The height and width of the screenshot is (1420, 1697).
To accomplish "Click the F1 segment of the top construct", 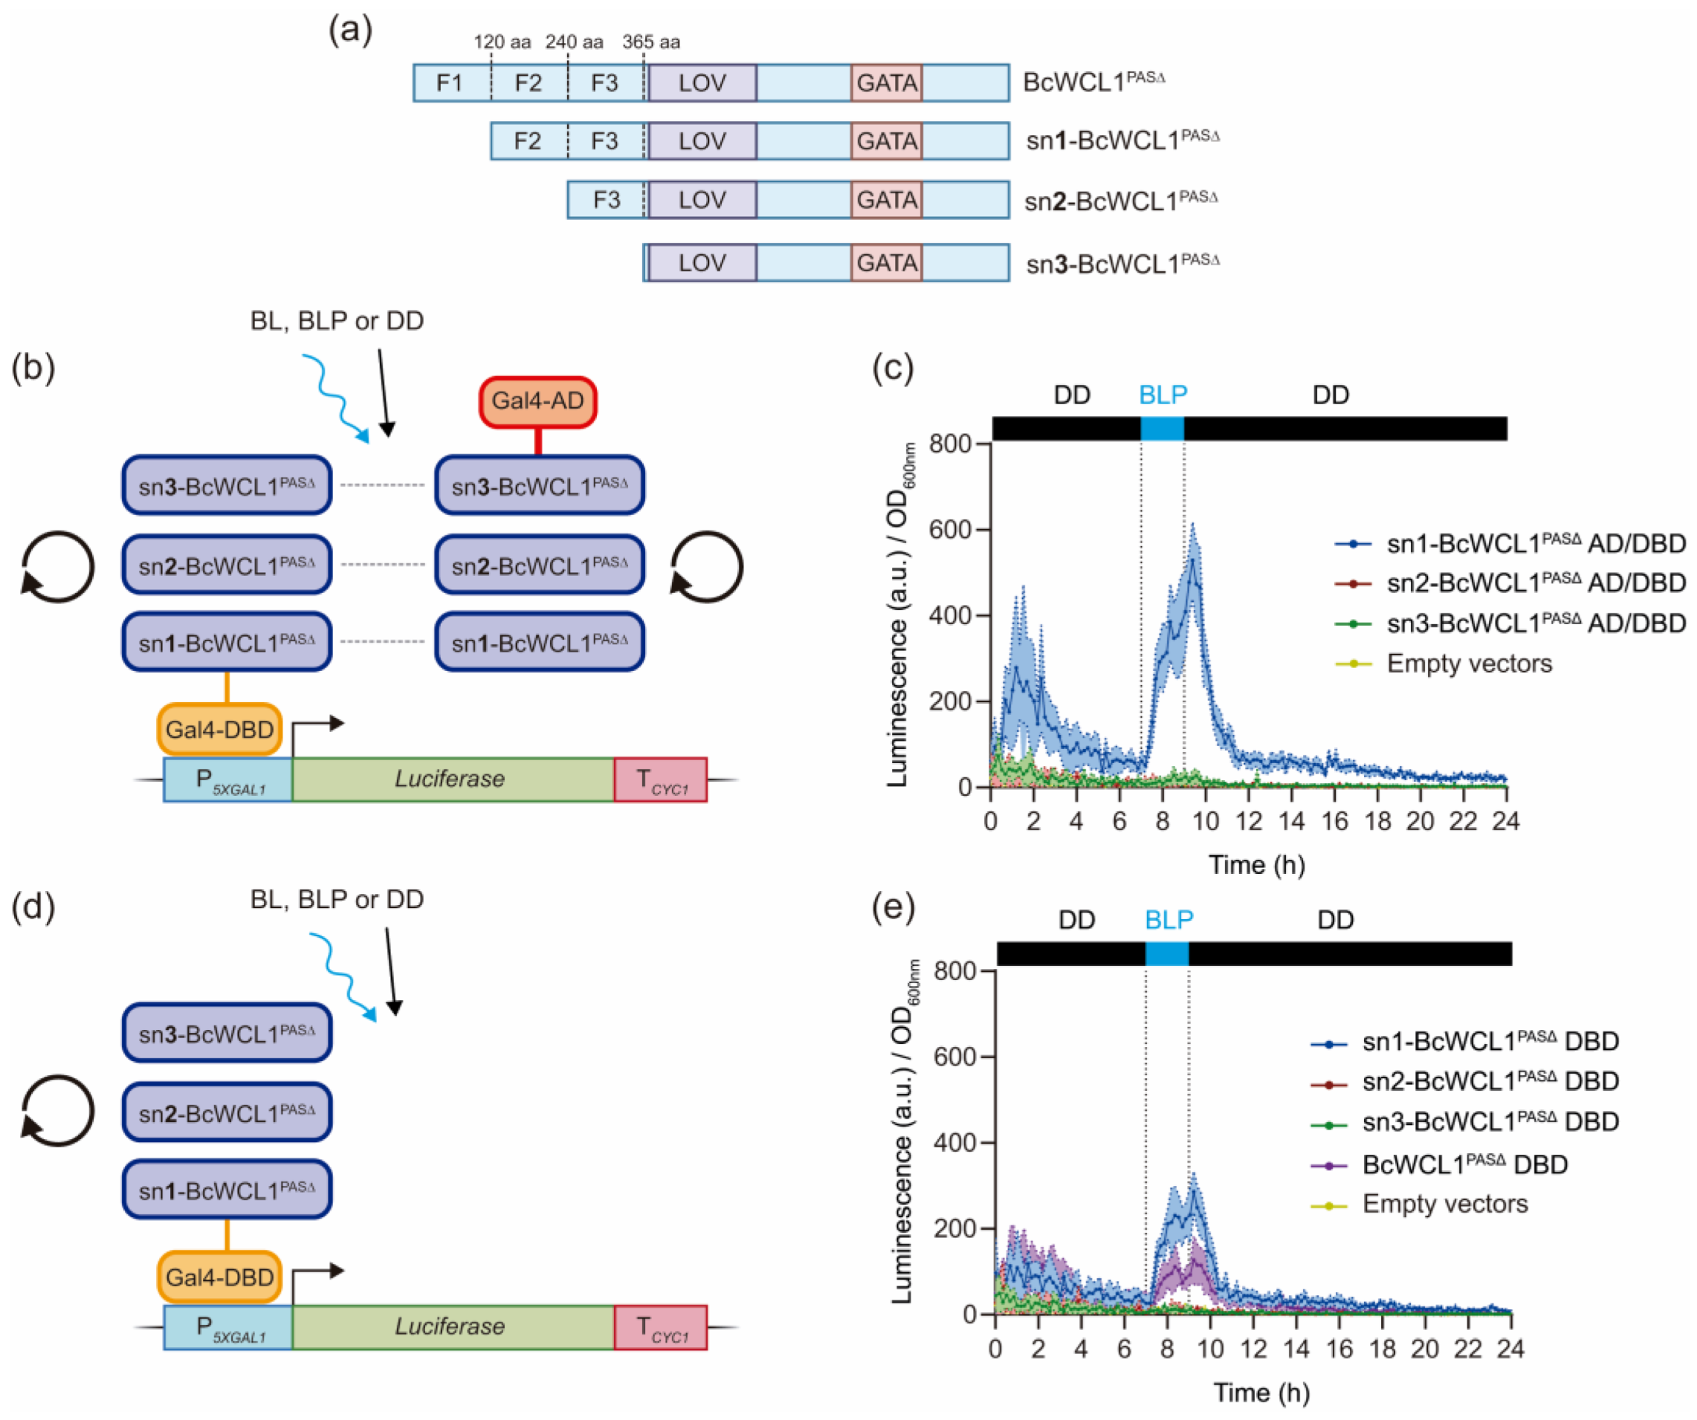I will (449, 83).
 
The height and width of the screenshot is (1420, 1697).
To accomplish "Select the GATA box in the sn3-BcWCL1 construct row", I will (887, 263).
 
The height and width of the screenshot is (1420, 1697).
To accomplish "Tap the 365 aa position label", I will (650, 42).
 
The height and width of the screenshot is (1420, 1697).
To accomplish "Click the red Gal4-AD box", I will (537, 401).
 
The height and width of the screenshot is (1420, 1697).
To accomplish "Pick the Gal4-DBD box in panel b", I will (219, 730).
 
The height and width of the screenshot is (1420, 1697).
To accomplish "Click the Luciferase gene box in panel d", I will (451, 1326).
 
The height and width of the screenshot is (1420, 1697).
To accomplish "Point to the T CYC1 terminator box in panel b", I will (660, 780).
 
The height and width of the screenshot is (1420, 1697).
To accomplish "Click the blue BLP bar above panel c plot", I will (1162, 429).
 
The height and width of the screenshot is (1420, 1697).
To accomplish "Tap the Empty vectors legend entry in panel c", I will (1468, 664).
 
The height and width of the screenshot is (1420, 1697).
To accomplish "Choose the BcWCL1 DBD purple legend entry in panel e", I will (1464, 1164).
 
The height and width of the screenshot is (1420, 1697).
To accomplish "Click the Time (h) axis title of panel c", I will (1257, 865).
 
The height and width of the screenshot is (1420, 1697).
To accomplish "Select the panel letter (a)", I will (350, 30).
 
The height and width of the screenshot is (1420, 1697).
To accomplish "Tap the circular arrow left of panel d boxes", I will (56, 1111).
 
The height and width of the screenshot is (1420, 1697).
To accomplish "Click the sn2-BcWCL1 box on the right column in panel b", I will (539, 565).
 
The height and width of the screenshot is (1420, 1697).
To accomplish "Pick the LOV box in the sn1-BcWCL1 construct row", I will (702, 141).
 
